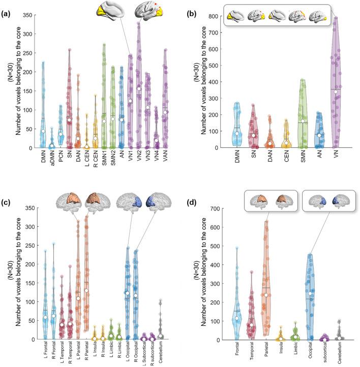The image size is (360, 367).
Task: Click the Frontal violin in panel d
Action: [236, 305]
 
